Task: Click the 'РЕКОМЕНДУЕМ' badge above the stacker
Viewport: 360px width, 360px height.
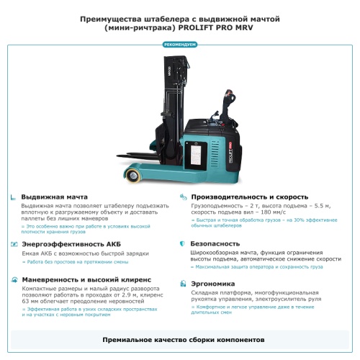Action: tap(180, 45)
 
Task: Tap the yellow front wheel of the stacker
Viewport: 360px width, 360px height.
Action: tap(134, 176)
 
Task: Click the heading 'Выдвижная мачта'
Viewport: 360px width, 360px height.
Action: tap(55, 197)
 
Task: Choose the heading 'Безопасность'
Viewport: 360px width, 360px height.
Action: tap(215, 244)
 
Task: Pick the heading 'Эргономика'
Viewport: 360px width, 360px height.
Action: tap(212, 284)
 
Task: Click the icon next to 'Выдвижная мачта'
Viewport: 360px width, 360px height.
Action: tap(14, 197)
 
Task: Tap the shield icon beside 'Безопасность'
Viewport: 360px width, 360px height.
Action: tap(183, 244)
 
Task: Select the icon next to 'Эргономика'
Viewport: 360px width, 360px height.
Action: tap(183, 284)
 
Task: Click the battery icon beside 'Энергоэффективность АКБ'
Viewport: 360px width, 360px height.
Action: tap(14, 244)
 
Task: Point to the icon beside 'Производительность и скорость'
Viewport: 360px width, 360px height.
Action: tap(183, 197)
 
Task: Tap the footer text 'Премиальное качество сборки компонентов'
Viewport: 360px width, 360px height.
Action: tap(180, 338)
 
